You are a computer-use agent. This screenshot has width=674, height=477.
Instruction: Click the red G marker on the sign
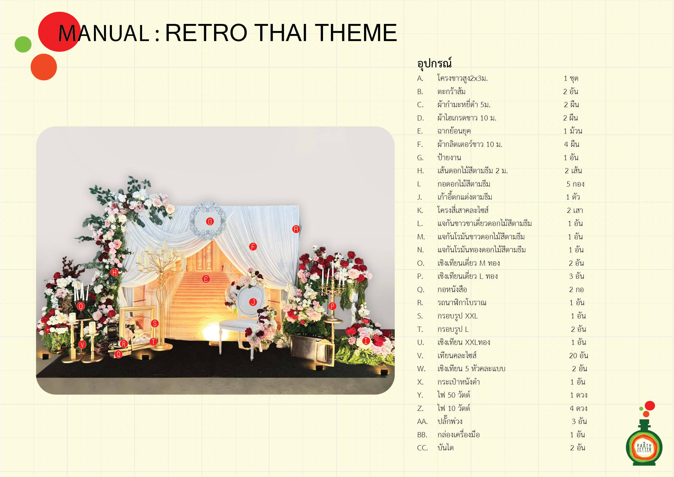210,222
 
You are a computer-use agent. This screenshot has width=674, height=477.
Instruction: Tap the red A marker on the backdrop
296,229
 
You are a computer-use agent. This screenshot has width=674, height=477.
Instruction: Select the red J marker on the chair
253,302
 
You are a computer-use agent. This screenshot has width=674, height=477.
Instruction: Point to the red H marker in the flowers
114,272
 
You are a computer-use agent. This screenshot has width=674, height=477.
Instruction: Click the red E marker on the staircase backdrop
206,279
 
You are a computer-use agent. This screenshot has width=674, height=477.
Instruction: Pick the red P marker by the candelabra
332,306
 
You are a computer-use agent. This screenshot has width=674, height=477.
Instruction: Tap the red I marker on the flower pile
366,341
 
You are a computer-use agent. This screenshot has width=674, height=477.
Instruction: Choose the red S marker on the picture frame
155,324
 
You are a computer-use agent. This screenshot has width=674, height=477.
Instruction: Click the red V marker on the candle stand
82,345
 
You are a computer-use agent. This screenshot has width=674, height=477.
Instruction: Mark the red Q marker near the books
118,354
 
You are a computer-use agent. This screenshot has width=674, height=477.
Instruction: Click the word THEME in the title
356,33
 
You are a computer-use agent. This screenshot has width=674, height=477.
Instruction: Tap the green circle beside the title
23,44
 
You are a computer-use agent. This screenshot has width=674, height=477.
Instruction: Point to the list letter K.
420,210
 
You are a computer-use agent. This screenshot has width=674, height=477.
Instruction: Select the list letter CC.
422,448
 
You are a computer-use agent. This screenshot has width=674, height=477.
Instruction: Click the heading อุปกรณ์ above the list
434,63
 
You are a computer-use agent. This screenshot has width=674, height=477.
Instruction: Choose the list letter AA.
422,422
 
